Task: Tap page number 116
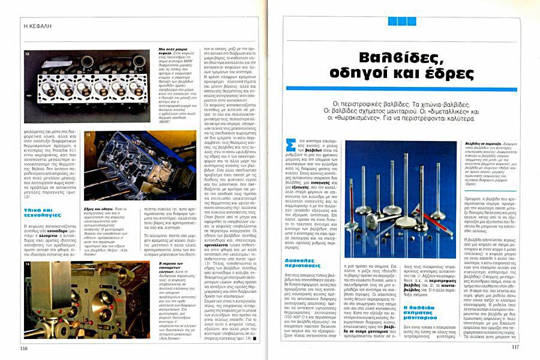tap(24, 348)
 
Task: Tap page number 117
tap(515, 346)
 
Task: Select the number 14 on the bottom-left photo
tap(28, 264)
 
